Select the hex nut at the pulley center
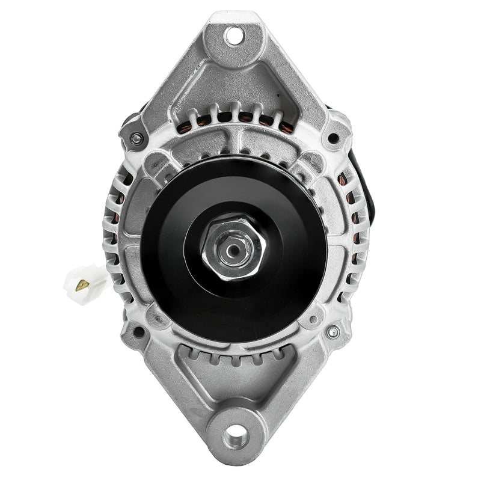click(x=236, y=248)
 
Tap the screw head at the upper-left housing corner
click(x=137, y=139)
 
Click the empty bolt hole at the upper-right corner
click(x=332, y=139)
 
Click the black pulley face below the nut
click(x=236, y=307)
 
